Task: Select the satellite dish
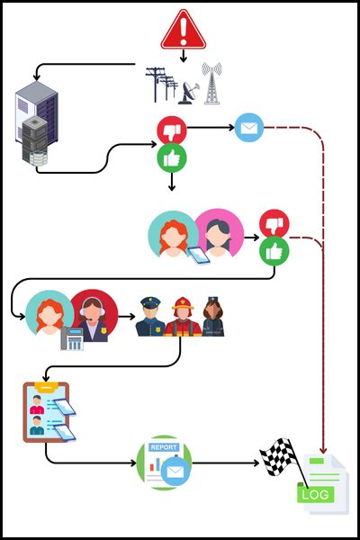click(190, 91)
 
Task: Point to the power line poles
click(162, 83)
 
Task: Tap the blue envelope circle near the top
click(249, 128)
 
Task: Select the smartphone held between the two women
click(196, 256)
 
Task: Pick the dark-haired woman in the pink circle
click(219, 233)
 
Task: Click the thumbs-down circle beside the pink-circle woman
click(274, 222)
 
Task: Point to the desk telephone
click(71, 338)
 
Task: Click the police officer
click(148, 317)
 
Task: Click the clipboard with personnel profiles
click(47, 411)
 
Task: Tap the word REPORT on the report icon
click(164, 447)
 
